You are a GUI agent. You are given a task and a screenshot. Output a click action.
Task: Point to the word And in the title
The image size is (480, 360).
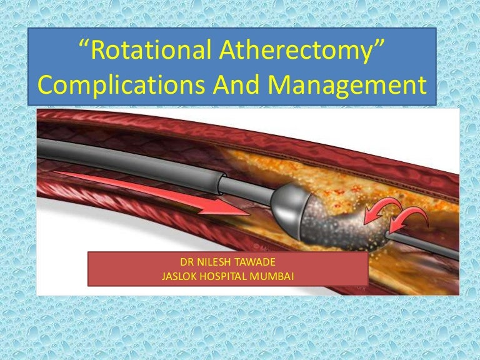237,85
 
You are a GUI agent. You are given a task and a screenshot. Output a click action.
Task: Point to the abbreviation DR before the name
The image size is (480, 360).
186,263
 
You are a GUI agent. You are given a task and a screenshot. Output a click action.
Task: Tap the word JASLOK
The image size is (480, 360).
180,276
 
